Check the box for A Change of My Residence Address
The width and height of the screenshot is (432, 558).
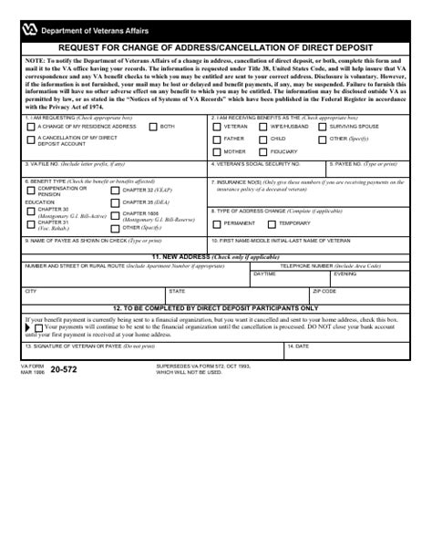[x=32, y=127]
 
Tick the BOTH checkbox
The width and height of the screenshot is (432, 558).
[x=152, y=127]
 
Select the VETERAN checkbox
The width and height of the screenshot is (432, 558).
[x=217, y=127]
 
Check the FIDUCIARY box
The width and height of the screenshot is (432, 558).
[x=263, y=151]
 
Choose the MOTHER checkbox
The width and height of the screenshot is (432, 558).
[x=217, y=151]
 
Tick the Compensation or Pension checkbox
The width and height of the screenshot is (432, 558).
[x=32, y=190]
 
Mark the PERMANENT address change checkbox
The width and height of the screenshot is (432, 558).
[x=217, y=223]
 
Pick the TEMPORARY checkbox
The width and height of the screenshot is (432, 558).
[x=272, y=223]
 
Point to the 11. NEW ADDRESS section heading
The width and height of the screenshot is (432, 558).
[x=215, y=257]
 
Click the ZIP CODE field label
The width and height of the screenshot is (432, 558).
[x=324, y=291]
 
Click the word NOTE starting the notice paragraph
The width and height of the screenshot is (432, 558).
[x=35, y=61]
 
